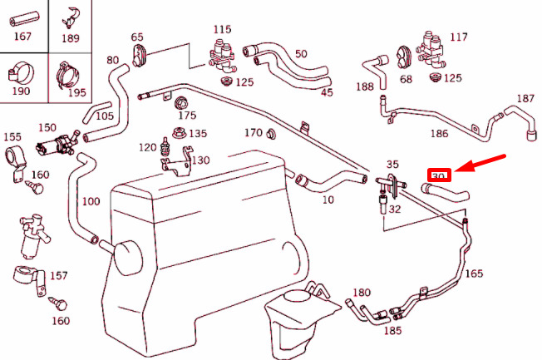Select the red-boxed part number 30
pos(439,175)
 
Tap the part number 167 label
pos(22,37)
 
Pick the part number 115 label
pos(221,29)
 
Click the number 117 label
pos(459,37)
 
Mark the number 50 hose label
pos(300,53)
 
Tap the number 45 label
pos(327,91)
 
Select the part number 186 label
pos(439,132)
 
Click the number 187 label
pos(525,99)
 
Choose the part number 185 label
pos(393,331)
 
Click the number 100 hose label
pos(91,202)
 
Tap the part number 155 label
pos(12,136)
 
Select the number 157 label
pos(59,274)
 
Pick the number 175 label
pos(187,116)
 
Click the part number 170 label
pos(254,133)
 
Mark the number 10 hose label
pos(328,200)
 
